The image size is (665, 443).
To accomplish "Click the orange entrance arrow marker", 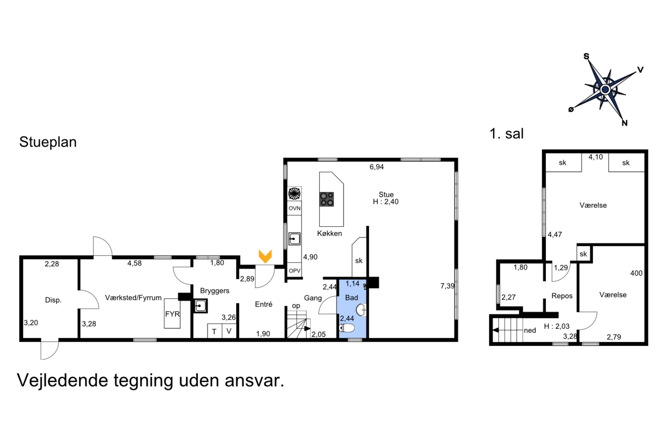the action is [265, 256].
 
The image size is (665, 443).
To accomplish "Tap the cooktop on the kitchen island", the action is [326, 199].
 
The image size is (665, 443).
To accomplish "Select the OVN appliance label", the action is [294, 208].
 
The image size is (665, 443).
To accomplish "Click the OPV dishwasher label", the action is [294, 271].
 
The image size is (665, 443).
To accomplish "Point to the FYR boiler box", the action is [172, 314].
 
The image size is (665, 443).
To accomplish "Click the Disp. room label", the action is [53, 300].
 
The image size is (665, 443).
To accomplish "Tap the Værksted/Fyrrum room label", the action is [133, 298].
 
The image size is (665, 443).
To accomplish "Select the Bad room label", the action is [351, 298].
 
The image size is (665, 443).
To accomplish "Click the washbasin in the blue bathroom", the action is [361, 310].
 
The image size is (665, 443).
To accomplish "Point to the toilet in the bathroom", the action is [347, 328].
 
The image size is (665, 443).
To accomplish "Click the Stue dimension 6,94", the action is [376, 167].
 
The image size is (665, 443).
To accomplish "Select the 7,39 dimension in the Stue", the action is [447, 286].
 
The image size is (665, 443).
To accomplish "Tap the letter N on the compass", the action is [625, 123].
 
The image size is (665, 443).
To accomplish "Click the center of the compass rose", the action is [605, 89].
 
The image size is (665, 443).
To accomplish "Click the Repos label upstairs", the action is [562, 296].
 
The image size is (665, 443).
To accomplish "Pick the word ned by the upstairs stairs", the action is [530, 330].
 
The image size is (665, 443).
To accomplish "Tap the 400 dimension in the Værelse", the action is [636, 273].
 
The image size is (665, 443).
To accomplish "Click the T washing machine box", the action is [215, 331].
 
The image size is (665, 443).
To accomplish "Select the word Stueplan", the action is [48, 142].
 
